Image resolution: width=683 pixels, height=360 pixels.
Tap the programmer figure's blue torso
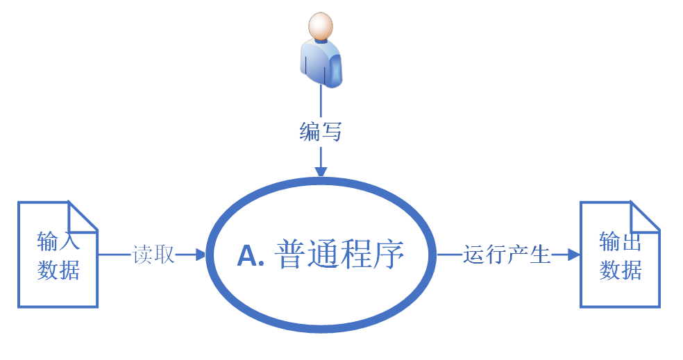[x=320, y=63]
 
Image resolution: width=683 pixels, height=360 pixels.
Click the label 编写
[x=320, y=131]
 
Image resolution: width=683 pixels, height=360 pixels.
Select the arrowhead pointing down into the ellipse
[x=320, y=171]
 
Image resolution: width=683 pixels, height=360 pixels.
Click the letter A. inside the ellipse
[x=252, y=256]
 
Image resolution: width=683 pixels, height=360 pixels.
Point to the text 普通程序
[x=339, y=255]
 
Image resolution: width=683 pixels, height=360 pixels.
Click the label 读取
[x=153, y=255]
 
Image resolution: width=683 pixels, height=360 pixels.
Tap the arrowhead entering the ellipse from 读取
[x=201, y=255]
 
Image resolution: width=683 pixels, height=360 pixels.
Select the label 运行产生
[x=507, y=255]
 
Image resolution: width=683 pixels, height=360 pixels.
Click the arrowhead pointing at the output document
[x=573, y=255]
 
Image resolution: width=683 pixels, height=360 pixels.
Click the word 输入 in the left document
[x=58, y=241]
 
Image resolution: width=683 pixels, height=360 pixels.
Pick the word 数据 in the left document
[x=58, y=269]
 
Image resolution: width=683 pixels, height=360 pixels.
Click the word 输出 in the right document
[x=621, y=241]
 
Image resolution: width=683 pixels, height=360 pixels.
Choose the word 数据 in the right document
[x=621, y=269]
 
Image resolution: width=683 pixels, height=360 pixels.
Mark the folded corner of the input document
[x=83, y=216]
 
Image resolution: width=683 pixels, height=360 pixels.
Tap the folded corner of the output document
[x=645, y=216]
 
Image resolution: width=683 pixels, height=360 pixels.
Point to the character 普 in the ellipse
[x=291, y=255]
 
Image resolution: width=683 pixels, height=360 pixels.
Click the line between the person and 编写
[x=320, y=101]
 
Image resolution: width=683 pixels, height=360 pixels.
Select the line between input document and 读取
[x=115, y=255]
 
